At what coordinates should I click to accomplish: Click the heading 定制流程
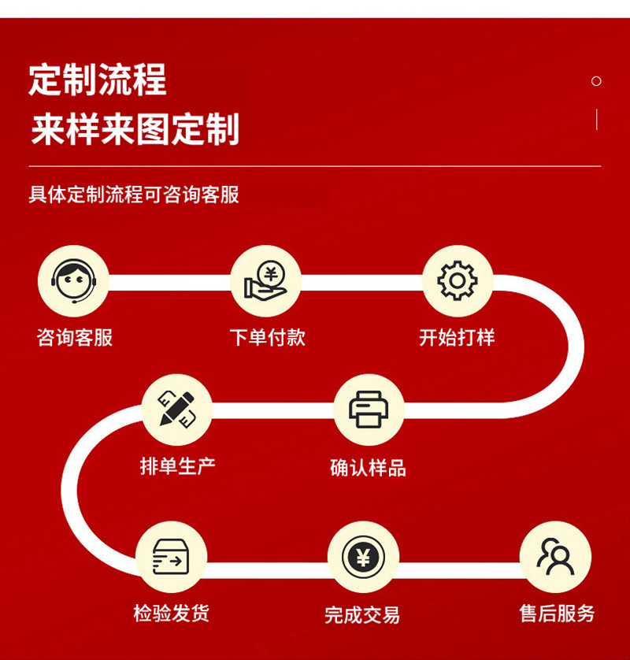click(x=98, y=80)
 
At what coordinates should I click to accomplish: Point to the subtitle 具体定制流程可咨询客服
click(x=134, y=195)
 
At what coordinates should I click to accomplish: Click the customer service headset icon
click(x=74, y=281)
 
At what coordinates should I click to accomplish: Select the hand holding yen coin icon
click(x=266, y=281)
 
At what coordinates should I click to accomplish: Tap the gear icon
click(x=458, y=281)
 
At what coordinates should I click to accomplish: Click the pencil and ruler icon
click(x=177, y=410)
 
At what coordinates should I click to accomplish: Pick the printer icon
click(x=369, y=410)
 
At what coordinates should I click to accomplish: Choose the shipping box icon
click(x=171, y=557)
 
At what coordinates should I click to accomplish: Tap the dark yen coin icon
click(x=363, y=557)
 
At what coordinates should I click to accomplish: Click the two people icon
click(x=555, y=557)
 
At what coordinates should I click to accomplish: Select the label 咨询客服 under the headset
click(x=75, y=338)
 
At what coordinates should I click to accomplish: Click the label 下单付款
click(x=267, y=338)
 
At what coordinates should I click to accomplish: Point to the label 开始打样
click(x=458, y=338)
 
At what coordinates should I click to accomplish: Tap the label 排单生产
click(x=177, y=466)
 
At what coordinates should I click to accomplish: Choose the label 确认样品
click(x=369, y=468)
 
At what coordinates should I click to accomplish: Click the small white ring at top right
click(x=596, y=81)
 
